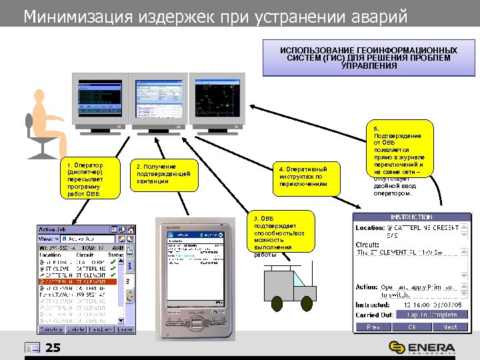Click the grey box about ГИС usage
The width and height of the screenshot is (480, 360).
[x=368, y=58]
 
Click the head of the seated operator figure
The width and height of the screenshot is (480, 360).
[x=35, y=101]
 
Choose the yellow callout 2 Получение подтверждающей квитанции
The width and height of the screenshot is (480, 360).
[x=163, y=175]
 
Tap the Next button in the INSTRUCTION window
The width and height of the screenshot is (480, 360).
[x=450, y=327]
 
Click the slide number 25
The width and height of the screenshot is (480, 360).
[x=53, y=347]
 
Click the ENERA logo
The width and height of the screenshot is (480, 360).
[x=423, y=347]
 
